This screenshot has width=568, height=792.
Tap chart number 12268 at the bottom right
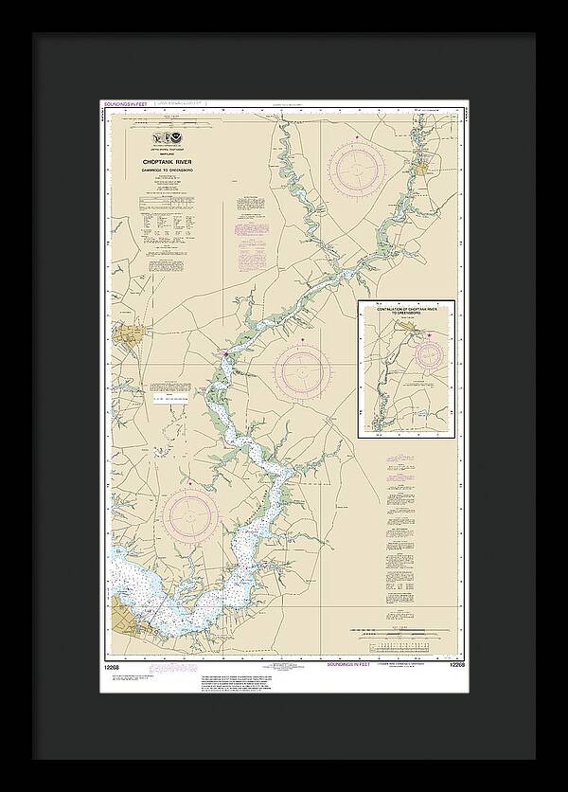(x=455, y=665)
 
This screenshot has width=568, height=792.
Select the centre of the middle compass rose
(x=303, y=369)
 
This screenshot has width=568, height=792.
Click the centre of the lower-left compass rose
(x=190, y=516)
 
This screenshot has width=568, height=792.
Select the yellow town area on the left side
(x=127, y=335)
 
